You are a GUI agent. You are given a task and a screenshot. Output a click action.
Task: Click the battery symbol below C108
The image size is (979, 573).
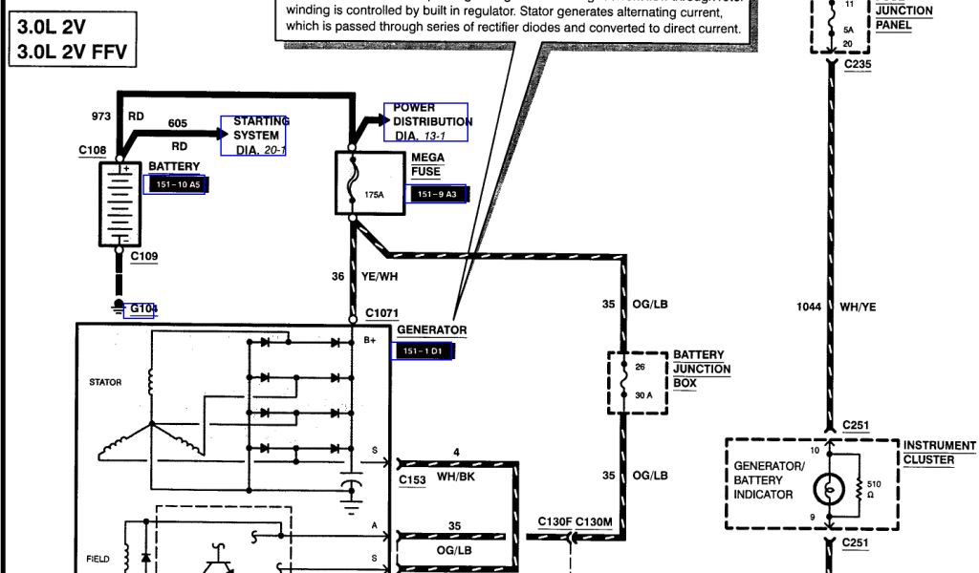(120, 203)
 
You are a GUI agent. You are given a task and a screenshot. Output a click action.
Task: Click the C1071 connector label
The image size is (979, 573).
(381, 313)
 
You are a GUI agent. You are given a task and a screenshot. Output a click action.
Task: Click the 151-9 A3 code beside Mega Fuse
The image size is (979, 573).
(436, 194)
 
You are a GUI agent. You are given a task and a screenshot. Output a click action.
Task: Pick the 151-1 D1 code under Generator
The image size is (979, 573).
(423, 351)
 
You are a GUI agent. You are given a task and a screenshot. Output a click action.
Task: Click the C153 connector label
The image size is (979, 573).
(411, 479)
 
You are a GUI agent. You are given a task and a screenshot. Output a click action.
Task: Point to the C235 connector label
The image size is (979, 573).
(858, 64)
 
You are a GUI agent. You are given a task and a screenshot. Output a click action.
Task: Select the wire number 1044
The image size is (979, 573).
(809, 308)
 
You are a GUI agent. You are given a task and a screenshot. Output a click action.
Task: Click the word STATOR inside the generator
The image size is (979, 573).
(105, 382)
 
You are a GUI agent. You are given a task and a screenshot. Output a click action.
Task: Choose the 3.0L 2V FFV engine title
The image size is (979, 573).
(69, 53)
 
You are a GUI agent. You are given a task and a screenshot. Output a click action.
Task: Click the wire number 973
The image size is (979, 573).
(101, 117)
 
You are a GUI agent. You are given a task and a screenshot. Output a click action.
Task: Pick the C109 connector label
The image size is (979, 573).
(144, 256)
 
